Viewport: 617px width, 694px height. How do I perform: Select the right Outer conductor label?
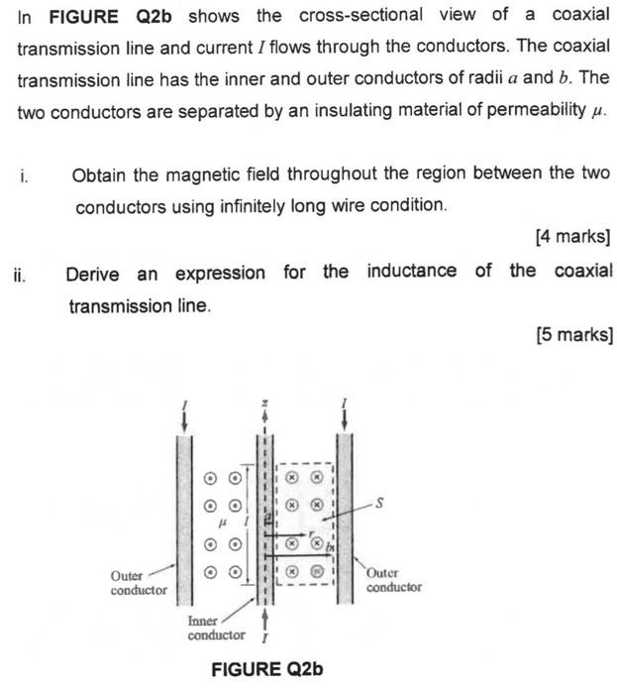(393, 579)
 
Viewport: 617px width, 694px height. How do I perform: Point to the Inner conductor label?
(216, 628)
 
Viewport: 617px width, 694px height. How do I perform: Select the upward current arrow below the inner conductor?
(263, 622)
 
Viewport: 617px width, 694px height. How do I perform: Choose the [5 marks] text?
(573, 335)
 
